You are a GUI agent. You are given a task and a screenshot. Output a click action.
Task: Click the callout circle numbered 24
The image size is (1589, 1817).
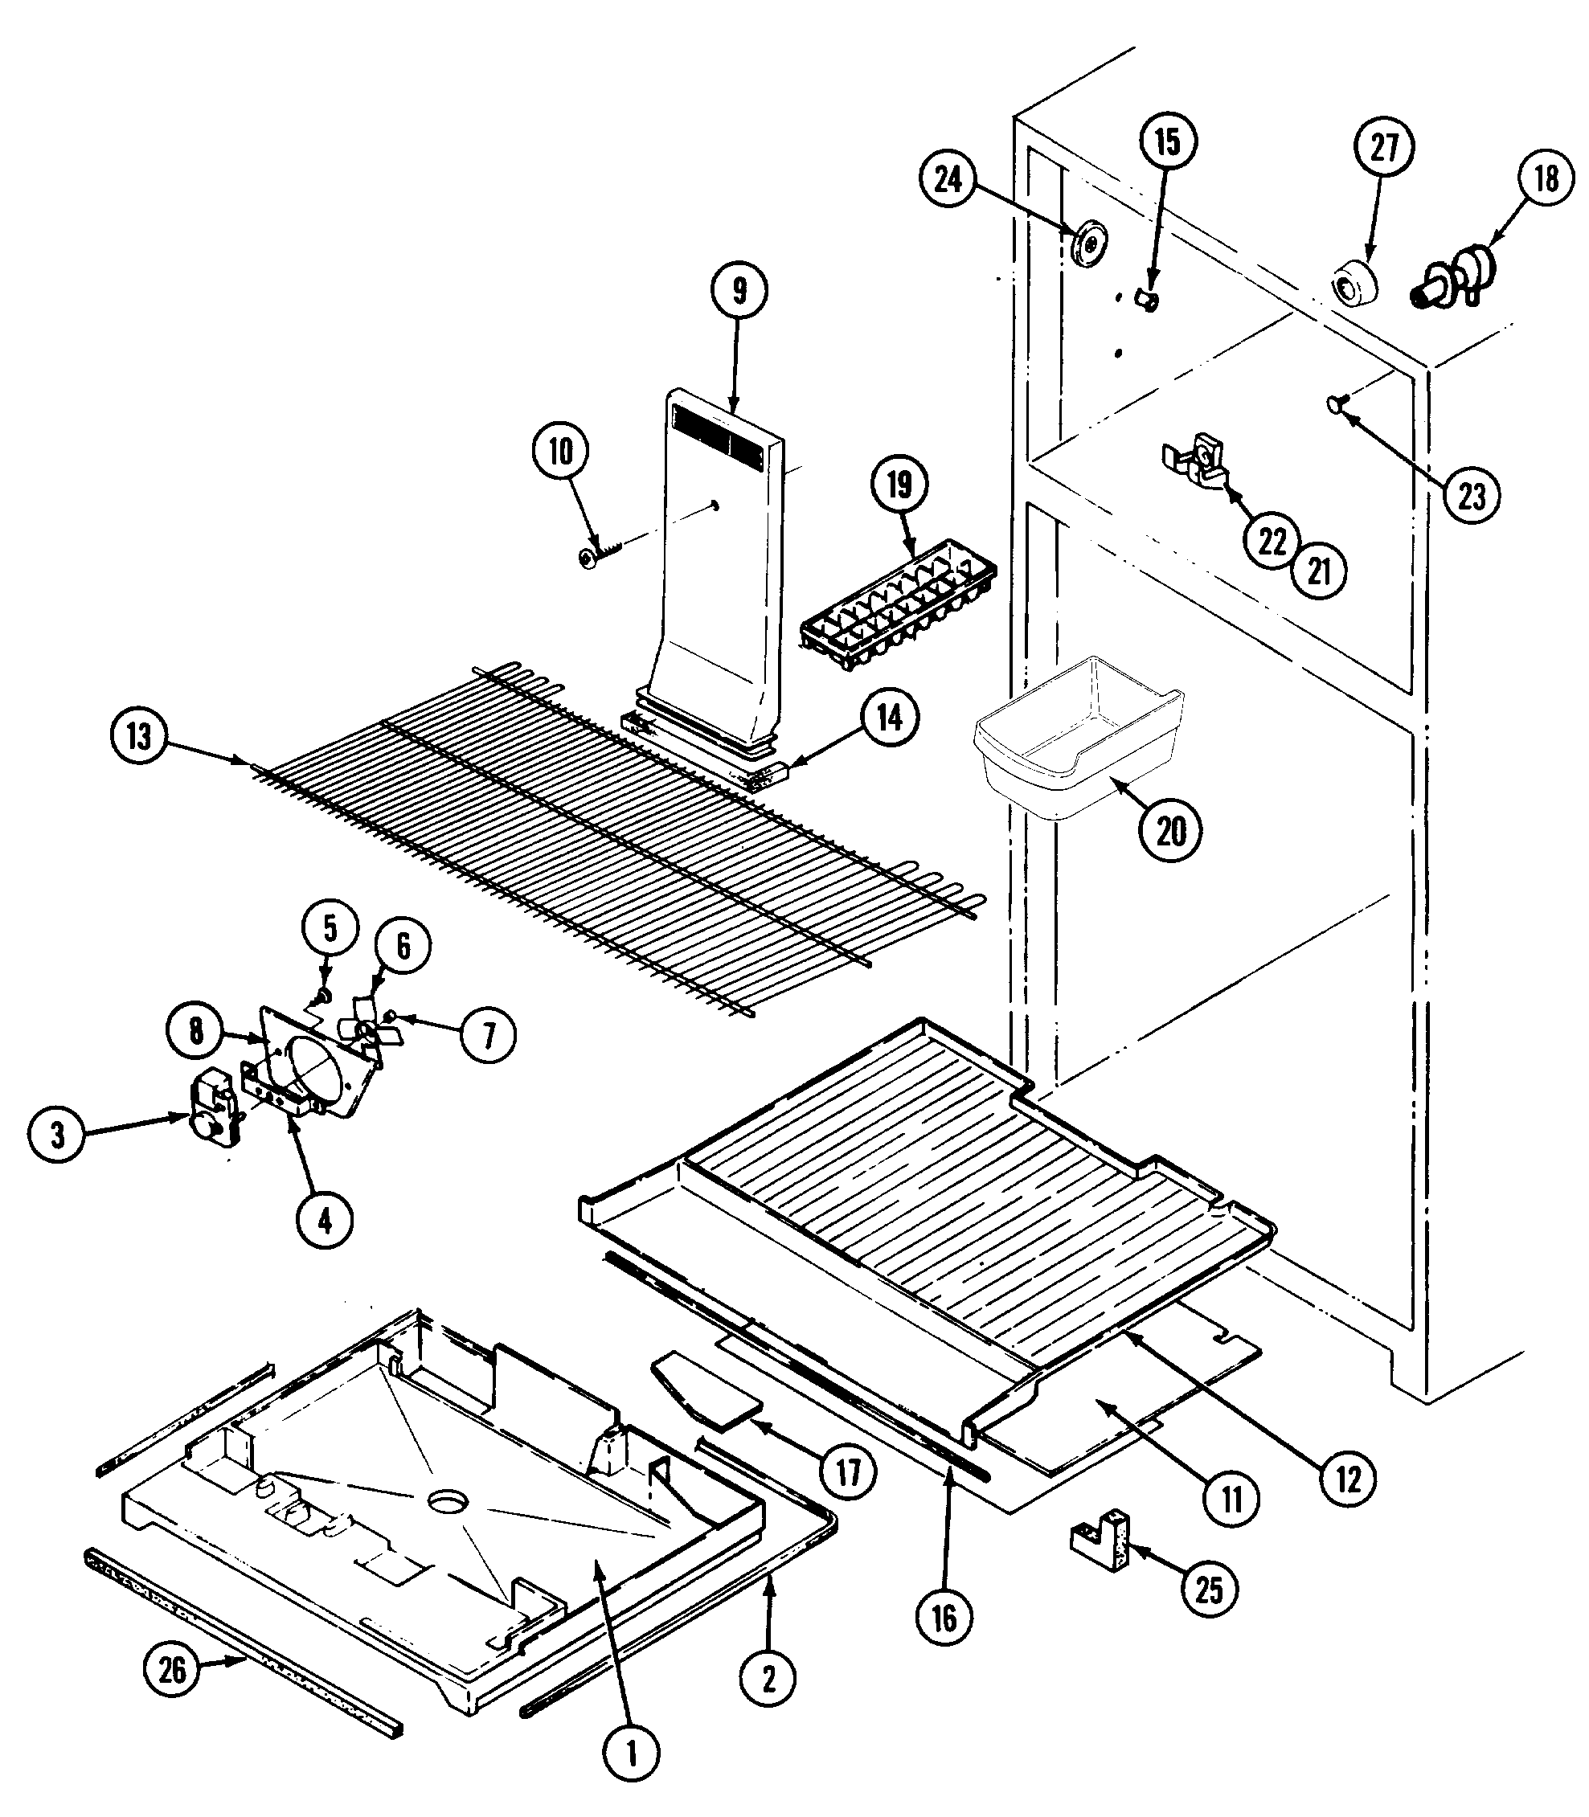tap(947, 179)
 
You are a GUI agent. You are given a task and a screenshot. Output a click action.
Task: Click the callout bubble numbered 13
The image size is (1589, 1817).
tap(138, 736)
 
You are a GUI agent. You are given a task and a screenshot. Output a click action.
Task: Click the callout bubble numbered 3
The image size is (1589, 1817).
tap(58, 1135)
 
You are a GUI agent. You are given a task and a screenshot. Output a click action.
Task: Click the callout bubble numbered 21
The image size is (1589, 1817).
tap(1319, 571)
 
